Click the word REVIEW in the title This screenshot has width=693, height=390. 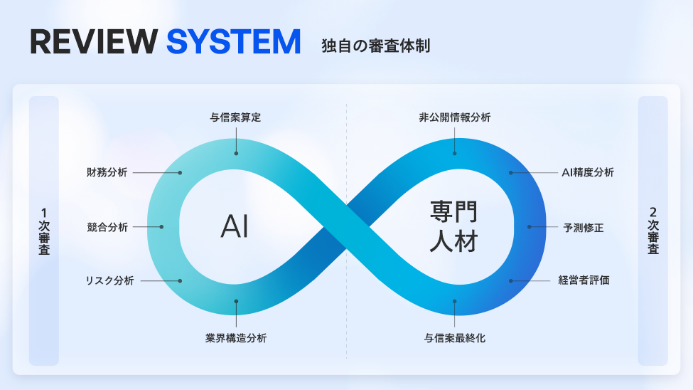(x=92, y=42)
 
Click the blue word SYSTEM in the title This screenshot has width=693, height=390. (x=234, y=42)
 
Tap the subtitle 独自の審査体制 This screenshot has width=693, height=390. (x=375, y=46)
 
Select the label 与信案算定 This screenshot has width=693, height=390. (x=235, y=117)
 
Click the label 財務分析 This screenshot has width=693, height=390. (x=107, y=172)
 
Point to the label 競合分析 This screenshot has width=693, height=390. (x=107, y=227)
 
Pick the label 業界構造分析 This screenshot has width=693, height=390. (x=235, y=338)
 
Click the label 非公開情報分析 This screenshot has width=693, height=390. (x=455, y=117)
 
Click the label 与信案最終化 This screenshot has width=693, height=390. (x=455, y=338)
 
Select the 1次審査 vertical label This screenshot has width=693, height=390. (x=44, y=231)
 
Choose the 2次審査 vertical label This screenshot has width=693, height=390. (x=653, y=231)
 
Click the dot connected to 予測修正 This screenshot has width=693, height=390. (x=530, y=227)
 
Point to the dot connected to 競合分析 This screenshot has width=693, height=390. (x=162, y=227)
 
